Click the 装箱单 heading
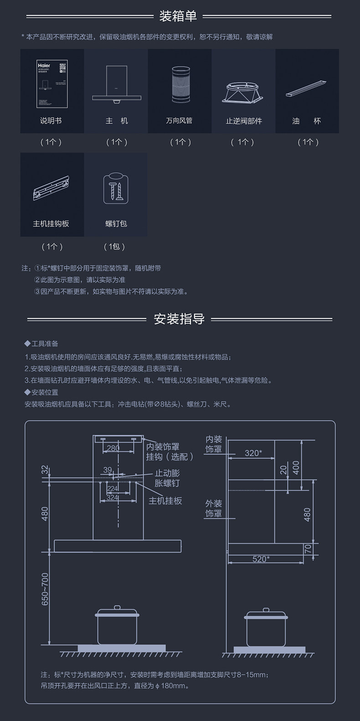178,16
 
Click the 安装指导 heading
179,319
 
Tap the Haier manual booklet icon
52,84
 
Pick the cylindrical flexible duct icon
180,84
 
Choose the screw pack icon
116,188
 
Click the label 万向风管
180,121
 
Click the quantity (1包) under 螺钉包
114,247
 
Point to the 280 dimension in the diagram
113,448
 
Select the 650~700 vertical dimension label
45,589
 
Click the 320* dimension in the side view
253,453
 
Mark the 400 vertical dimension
296,468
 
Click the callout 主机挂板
165,500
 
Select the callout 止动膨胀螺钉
167,478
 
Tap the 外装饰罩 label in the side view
214,508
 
